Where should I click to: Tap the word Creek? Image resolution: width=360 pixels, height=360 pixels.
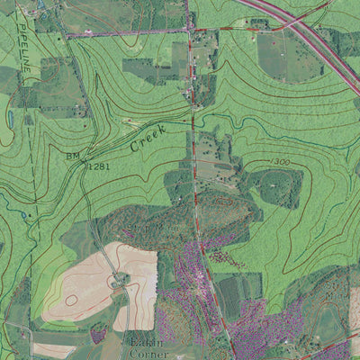148,139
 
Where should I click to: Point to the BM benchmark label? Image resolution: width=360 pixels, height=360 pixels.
72,156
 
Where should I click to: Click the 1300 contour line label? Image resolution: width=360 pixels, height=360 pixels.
280,161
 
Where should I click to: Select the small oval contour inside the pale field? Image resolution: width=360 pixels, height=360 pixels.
69,301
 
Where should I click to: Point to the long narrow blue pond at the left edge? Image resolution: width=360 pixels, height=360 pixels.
8,118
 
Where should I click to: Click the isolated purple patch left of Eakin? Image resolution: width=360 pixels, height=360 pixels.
98,335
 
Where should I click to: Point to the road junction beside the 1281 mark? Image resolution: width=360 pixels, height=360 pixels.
86,167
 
